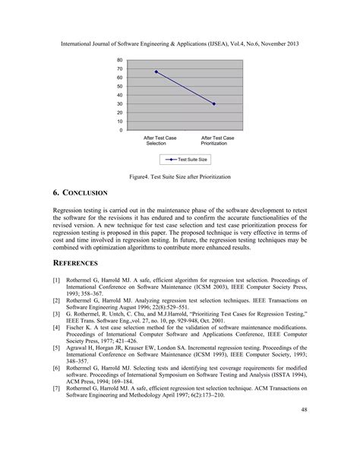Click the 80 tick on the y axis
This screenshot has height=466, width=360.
coord(120,60)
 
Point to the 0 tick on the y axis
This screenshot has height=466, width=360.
coord(122,130)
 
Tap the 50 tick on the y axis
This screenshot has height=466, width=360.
coord(120,87)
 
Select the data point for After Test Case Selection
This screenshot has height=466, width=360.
coord(156,71)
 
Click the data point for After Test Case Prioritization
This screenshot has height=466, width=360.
coord(214,104)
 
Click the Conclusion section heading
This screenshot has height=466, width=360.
coord(80,194)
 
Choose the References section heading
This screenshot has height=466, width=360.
coord(75,263)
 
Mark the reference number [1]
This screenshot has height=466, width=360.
coord(56,281)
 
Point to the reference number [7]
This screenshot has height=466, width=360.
coord(56,388)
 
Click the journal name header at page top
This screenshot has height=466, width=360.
coord(179,44)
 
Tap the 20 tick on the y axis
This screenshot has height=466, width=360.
coord(120,113)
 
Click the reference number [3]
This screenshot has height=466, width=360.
coord(56,312)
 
